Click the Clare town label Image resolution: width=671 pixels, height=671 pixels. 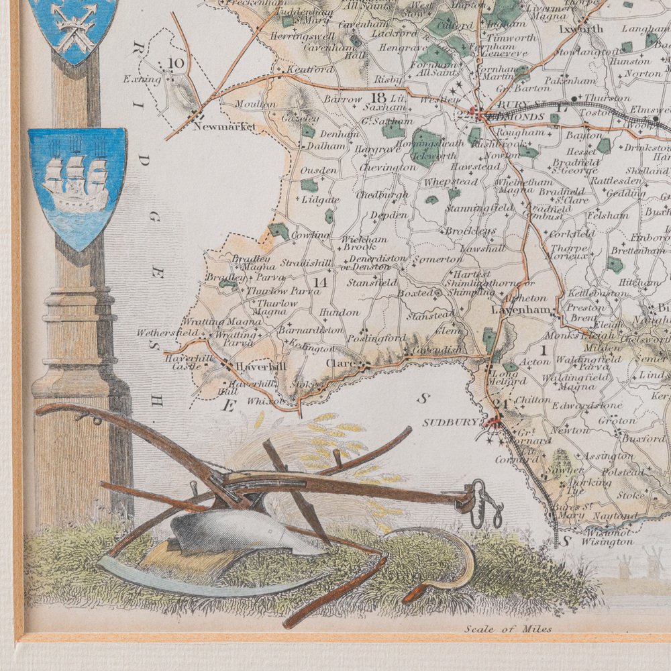340,364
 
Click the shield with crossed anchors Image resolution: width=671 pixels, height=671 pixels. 74,27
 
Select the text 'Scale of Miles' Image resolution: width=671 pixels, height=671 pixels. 507,629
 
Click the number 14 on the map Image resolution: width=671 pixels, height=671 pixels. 320,282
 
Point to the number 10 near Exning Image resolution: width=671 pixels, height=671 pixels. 176,64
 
